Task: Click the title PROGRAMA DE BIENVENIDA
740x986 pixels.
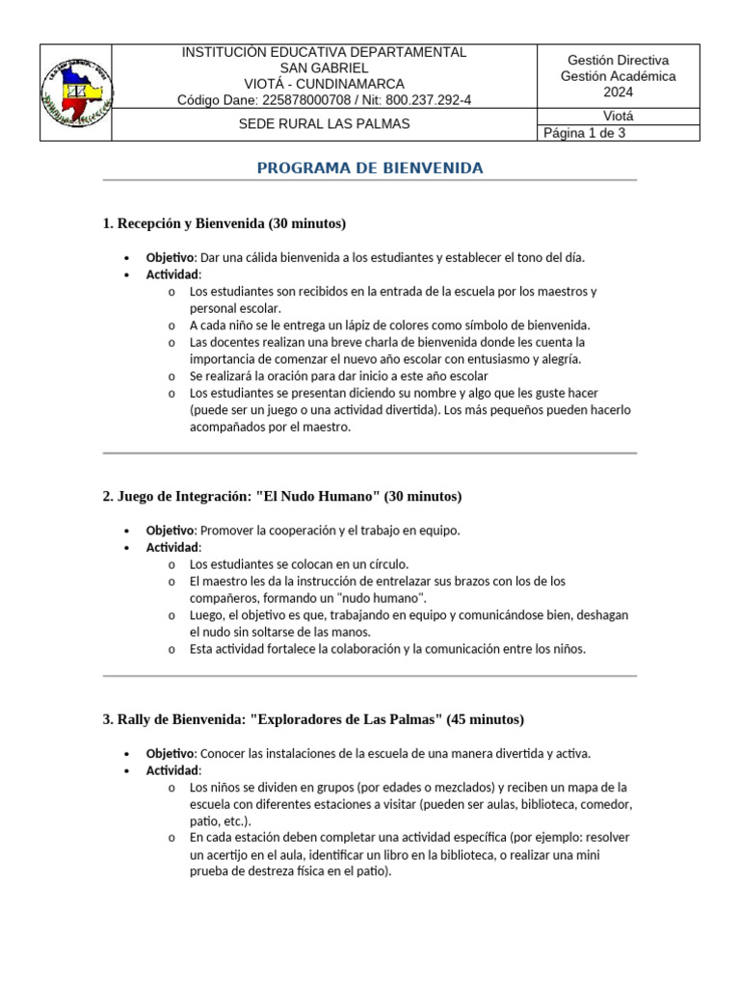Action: [x=370, y=169]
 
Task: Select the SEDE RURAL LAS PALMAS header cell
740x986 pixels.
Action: [x=324, y=124]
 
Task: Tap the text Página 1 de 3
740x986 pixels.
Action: [x=585, y=134]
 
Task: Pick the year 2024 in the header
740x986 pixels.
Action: [x=618, y=92]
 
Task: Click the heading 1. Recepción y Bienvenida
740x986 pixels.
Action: [x=224, y=223]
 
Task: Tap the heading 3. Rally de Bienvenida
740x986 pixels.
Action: [x=313, y=719]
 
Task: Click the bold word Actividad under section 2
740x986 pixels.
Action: [x=172, y=547]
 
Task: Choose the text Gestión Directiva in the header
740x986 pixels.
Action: [x=618, y=61]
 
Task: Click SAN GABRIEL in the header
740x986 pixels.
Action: [x=324, y=68]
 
